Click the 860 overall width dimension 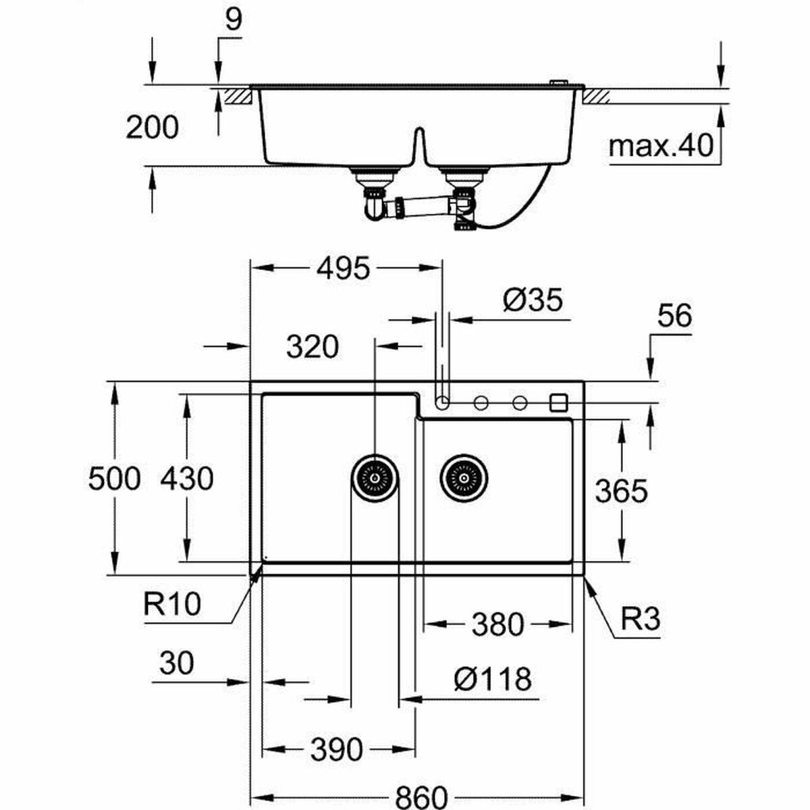(x=421, y=796)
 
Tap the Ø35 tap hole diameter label (x=533, y=300)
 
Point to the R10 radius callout (x=172, y=603)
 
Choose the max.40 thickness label (x=661, y=146)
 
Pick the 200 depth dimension (x=153, y=128)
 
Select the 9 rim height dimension (x=233, y=20)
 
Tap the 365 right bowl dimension (x=621, y=491)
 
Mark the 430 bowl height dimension (x=187, y=479)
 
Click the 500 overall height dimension (x=114, y=479)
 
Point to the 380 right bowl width (x=497, y=624)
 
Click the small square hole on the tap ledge (x=559, y=403)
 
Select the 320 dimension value (x=312, y=347)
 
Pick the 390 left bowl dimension (x=337, y=749)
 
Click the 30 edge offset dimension (x=177, y=663)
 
